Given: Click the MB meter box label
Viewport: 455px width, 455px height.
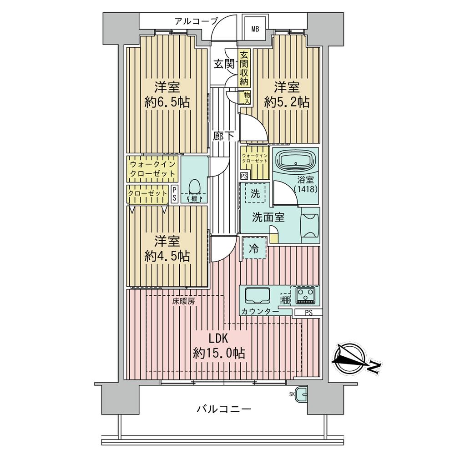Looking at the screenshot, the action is point(255,29).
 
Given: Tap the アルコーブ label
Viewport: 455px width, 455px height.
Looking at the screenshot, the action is point(196,21).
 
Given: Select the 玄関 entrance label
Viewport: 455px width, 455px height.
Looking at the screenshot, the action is point(224,64).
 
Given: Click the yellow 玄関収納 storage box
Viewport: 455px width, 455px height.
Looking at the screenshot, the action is point(244,69).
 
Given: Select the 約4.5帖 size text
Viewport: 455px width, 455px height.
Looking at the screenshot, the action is point(167,256).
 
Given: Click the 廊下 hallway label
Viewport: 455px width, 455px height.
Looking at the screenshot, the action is point(224,136).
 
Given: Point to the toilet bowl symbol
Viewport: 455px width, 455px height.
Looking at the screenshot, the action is point(195,187).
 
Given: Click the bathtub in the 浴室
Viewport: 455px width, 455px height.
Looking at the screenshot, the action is point(296,162).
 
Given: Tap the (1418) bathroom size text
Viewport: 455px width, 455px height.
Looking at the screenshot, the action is point(306,189).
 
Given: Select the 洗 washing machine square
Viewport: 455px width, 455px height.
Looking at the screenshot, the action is point(255,193).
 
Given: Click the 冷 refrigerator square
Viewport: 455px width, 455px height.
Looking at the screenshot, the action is point(254,248).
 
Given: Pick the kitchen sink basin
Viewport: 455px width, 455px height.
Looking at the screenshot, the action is point(258,296).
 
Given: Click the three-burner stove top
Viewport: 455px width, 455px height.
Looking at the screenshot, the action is point(306,295).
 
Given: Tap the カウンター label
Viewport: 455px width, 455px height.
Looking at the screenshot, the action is point(260,312).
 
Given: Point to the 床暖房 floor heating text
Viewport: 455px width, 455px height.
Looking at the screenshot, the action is point(183,301).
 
